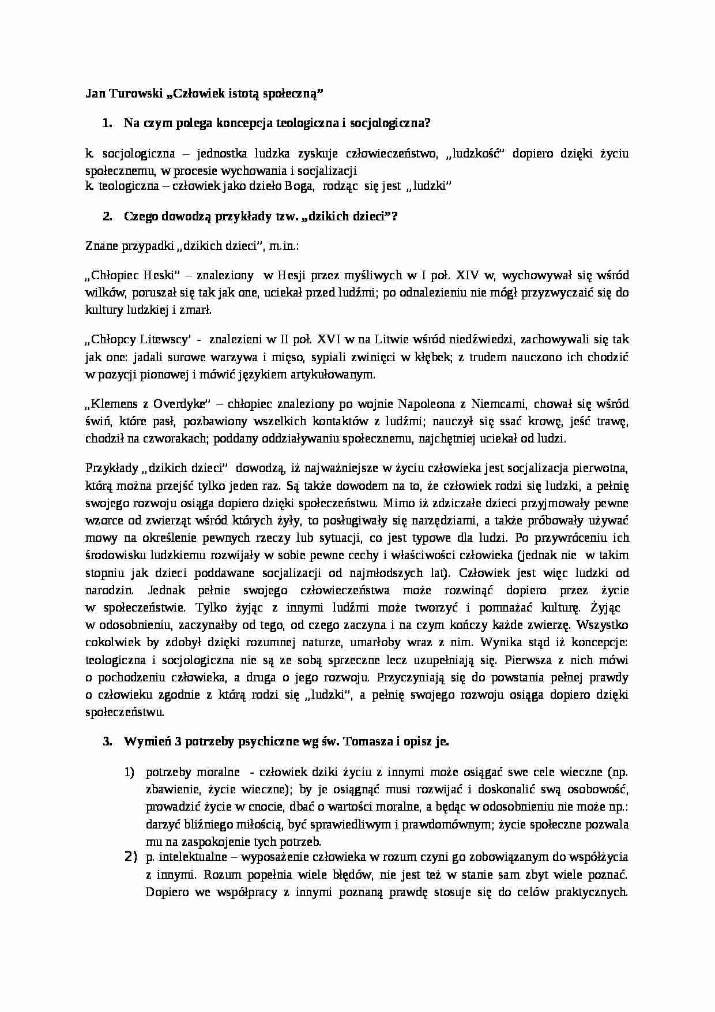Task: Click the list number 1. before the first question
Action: (106, 123)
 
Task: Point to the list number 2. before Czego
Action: (107, 216)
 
